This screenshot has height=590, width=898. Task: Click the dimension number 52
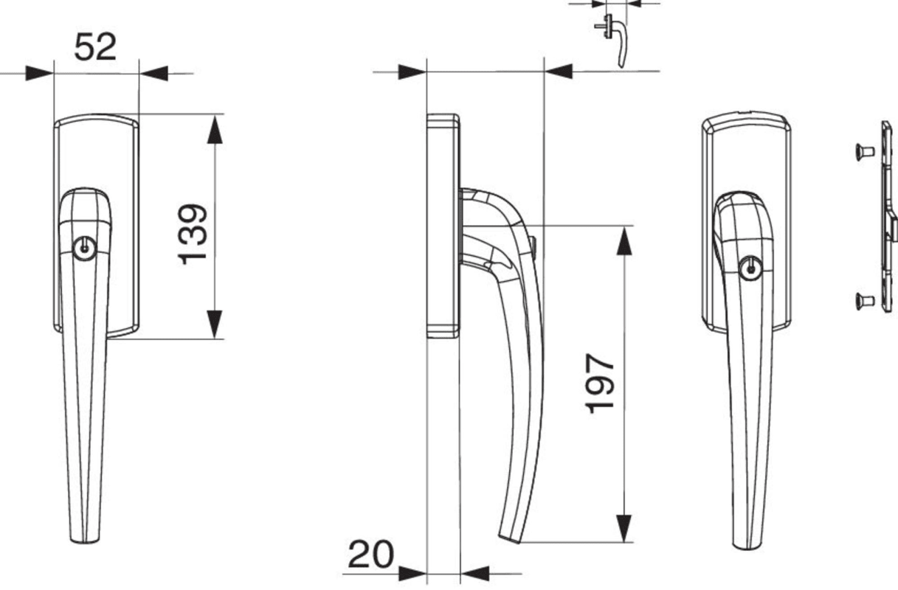point(95,47)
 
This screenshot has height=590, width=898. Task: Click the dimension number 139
point(193,235)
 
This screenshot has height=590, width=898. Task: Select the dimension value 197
point(600,383)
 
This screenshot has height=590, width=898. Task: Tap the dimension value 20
point(371,555)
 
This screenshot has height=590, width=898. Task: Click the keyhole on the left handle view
point(85,248)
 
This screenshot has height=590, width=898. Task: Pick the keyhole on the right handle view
point(750,268)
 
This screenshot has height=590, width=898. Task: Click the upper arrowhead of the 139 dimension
point(215,129)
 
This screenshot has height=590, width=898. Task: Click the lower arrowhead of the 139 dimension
point(215,324)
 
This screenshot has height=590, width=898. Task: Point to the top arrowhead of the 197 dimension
point(624,240)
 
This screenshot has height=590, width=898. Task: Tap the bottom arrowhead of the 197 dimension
point(624,529)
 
